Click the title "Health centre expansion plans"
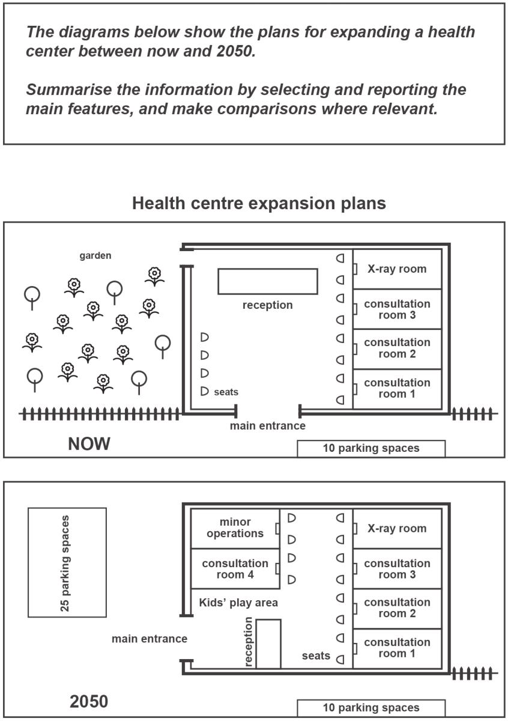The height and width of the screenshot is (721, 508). [x=259, y=204]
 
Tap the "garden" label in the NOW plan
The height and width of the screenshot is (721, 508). [x=95, y=255]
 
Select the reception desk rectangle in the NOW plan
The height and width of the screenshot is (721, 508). [x=268, y=281]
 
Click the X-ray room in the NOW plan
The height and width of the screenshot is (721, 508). [x=397, y=269]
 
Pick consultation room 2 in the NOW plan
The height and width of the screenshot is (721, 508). [x=397, y=349]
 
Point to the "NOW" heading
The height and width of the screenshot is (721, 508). [x=89, y=444]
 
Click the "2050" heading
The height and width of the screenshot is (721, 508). [x=89, y=702]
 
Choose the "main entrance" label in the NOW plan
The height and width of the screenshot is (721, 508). [x=268, y=426]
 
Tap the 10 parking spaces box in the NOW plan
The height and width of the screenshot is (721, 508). [x=371, y=448]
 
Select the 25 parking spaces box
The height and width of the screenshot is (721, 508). [x=67, y=562]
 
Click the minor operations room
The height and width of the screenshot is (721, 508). [x=235, y=529]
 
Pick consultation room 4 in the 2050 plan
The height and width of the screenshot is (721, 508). [x=235, y=569]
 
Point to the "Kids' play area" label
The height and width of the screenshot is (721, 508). [x=238, y=603]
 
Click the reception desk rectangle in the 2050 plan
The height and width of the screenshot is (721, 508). [x=268, y=643]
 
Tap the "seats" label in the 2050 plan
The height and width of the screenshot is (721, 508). [x=316, y=656]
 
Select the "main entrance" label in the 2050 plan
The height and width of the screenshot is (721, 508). [x=150, y=639]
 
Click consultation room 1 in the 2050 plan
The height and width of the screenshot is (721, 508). [x=397, y=648]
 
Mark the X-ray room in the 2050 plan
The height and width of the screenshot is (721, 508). [x=397, y=529]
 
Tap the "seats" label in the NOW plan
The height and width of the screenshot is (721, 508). [x=226, y=392]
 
